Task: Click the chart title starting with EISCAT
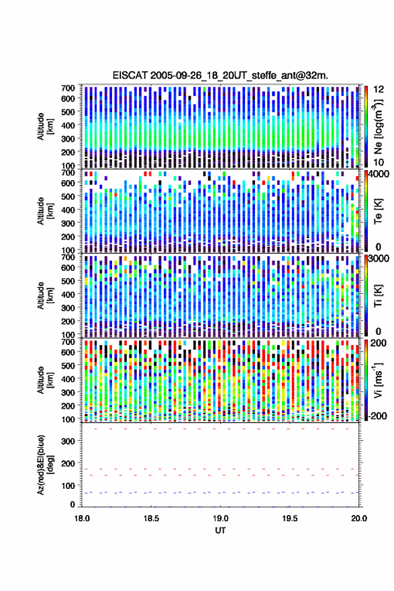pyautogui.click(x=220, y=75)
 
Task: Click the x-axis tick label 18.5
pyautogui.click(x=151, y=518)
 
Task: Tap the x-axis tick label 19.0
pyautogui.click(x=221, y=518)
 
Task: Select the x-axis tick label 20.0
pyautogui.click(x=359, y=518)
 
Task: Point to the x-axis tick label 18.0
pyautogui.click(x=82, y=518)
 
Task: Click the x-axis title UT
pyautogui.click(x=221, y=530)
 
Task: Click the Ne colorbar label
pyautogui.click(x=378, y=127)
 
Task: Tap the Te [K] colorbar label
pyautogui.click(x=378, y=211)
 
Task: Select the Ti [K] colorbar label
pyautogui.click(x=378, y=296)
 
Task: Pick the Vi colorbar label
pyautogui.click(x=378, y=380)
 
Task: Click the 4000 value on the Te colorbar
pyautogui.click(x=379, y=175)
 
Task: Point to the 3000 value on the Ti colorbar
pyautogui.click(x=379, y=259)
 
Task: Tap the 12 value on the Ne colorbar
pyautogui.click(x=379, y=89)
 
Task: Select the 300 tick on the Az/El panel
pyautogui.click(x=68, y=441)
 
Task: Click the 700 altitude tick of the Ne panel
pyautogui.click(x=68, y=88)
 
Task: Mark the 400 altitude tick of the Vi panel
pyautogui.click(x=68, y=379)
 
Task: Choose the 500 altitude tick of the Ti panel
pyautogui.click(x=68, y=281)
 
